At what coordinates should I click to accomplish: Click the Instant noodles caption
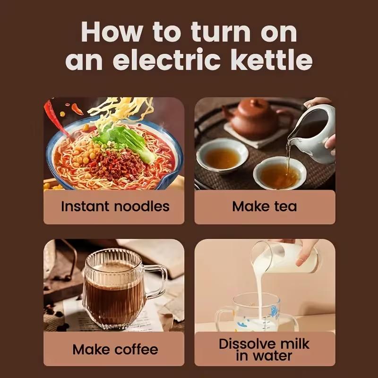(x=115, y=206)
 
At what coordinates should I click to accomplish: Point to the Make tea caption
(x=265, y=206)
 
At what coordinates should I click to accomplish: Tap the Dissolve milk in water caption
(x=264, y=349)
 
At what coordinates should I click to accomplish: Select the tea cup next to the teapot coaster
(x=222, y=156)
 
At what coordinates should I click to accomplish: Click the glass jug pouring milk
(x=283, y=258)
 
